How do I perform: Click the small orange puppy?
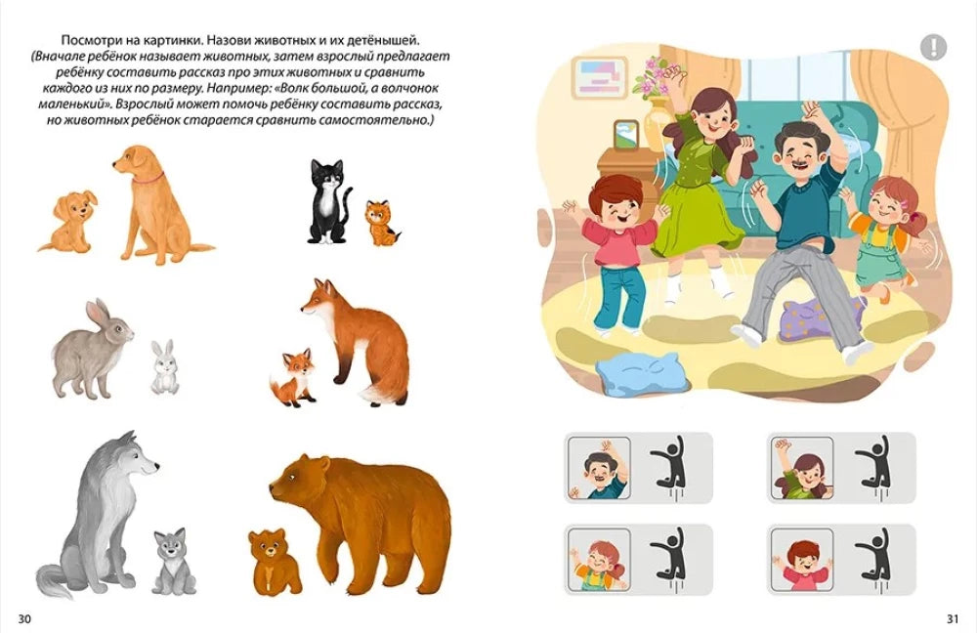tap(67, 221)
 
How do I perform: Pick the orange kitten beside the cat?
tap(381, 223)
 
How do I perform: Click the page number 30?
tap(24, 619)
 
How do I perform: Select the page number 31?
tap(952, 619)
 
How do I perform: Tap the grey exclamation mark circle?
tap(933, 47)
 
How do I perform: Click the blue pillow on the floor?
tap(638, 372)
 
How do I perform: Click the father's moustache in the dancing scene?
tap(800, 166)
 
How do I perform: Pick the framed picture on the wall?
tap(599, 77)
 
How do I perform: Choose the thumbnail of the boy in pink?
tap(802, 560)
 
